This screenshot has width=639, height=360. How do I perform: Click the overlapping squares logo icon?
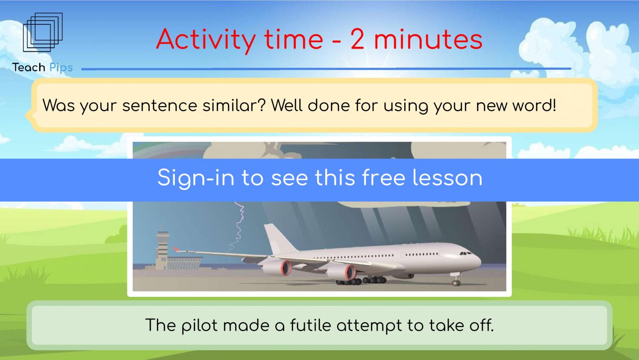click(x=43, y=32)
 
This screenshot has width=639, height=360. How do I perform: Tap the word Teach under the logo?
click(x=29, y=67)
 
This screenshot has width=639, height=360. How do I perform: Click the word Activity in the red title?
click(x=206, y=40)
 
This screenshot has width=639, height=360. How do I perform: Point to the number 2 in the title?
click(x=357, y=39)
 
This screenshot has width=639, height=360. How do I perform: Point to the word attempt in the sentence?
click(x=370, y=326)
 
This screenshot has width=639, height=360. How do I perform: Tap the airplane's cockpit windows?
click(x=465, y=253)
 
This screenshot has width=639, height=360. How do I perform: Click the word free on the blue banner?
click(x=384, y=178)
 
